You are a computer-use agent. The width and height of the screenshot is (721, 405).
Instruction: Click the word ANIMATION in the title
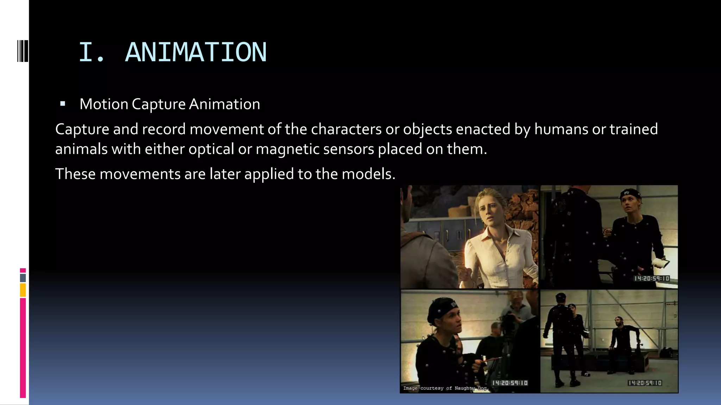coord(196,52)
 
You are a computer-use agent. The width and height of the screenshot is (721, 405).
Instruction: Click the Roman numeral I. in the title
coord(91,52)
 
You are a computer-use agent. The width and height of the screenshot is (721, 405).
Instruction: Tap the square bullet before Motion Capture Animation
coord(63,104)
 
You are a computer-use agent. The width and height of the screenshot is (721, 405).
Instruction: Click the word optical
coord(211,149)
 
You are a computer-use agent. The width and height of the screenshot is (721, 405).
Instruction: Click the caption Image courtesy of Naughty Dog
coord(446,388)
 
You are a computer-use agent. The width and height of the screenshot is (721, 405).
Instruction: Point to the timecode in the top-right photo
coord(652,278)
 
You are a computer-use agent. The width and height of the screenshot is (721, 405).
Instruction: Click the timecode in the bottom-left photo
coord(510,383)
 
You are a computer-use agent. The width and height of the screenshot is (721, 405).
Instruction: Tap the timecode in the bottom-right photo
coord(645,383)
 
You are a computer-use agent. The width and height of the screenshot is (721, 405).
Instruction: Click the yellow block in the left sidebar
coord(23,290)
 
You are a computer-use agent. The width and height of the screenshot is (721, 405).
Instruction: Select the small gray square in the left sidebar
coord(23,278)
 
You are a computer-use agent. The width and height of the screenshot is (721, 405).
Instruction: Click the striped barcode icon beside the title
coord(23,51)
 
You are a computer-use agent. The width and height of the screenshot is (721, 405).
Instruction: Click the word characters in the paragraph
coord(346,129)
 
